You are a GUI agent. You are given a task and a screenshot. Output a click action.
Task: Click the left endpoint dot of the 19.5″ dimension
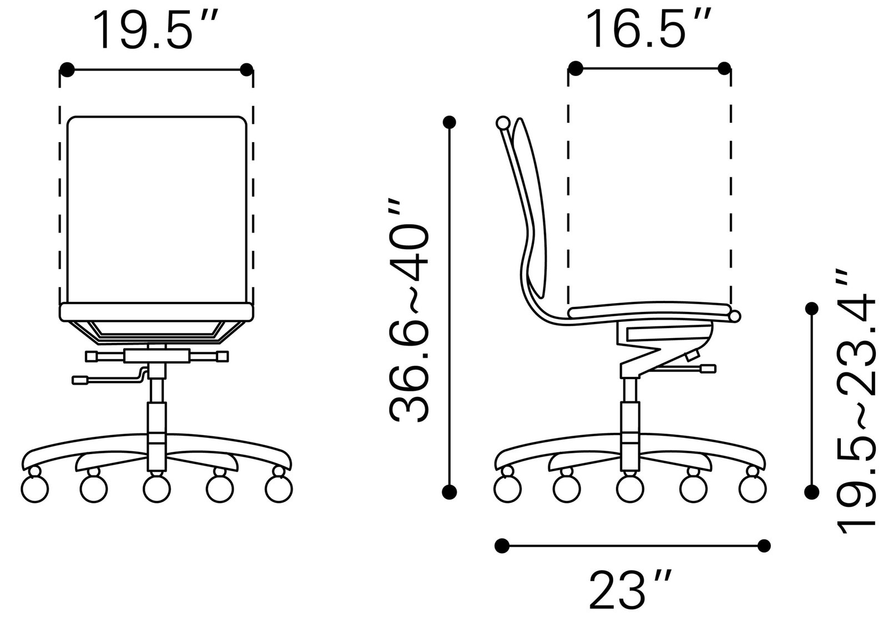click(67, 70)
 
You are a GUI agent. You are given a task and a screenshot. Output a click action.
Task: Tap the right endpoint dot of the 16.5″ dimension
click(724, 68)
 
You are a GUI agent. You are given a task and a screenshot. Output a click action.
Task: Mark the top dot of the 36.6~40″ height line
click(450, 122)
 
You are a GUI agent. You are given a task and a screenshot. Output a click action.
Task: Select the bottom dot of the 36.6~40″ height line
click(450, 491)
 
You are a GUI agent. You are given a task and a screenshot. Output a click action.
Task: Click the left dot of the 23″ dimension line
click(502, 546)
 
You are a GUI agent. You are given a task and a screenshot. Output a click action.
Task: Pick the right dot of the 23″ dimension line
click(764, 546)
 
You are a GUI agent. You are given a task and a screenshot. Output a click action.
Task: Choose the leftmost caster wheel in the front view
click(34, 488)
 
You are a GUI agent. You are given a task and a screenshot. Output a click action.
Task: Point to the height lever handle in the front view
click(81, 380)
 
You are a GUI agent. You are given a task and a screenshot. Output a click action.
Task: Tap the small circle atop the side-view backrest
click(503, 123)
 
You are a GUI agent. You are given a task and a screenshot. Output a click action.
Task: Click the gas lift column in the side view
click(630, 416)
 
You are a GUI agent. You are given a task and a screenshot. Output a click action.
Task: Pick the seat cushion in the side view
click(649, 311)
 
